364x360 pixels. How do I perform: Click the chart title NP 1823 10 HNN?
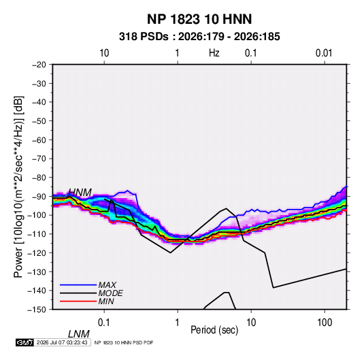coord(199,19)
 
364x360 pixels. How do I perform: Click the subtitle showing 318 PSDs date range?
coord(199,37)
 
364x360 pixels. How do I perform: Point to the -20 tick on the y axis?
coord(39,65)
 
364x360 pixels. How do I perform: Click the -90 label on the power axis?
coord(39,196)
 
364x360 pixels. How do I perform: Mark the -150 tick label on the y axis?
coord(37,310)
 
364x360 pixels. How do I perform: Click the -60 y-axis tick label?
coord(39,140)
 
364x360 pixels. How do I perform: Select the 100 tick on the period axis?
coord(325,323)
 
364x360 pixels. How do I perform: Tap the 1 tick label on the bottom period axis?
coord(178,323)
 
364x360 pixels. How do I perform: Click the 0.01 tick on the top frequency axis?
coord(324,53)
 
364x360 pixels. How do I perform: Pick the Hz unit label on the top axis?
coord(214,53)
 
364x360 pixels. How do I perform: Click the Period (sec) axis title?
coord(214,330)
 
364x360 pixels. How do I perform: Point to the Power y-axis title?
coord(18,187)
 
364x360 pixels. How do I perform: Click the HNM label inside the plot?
coord(80,193)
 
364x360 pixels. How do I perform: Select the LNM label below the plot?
coord(79,334)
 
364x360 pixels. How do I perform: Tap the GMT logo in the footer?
coord(25,342)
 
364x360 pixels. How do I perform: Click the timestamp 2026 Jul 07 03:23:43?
coord(62,342)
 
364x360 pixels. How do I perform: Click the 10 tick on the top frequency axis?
coord(104,53)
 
